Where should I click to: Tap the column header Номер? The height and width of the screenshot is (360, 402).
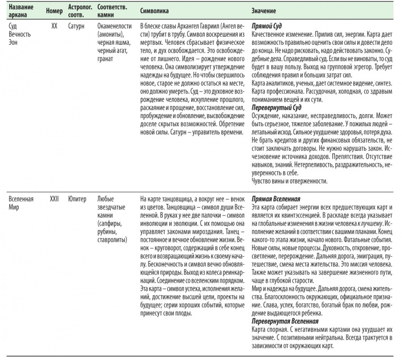[53, 10]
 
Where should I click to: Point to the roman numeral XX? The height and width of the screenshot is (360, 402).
[54, 25]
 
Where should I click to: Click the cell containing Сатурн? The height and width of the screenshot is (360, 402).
[77, 25]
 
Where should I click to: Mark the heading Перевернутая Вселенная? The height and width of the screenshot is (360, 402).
[285, 321]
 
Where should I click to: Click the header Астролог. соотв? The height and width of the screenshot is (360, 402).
[79, 10]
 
